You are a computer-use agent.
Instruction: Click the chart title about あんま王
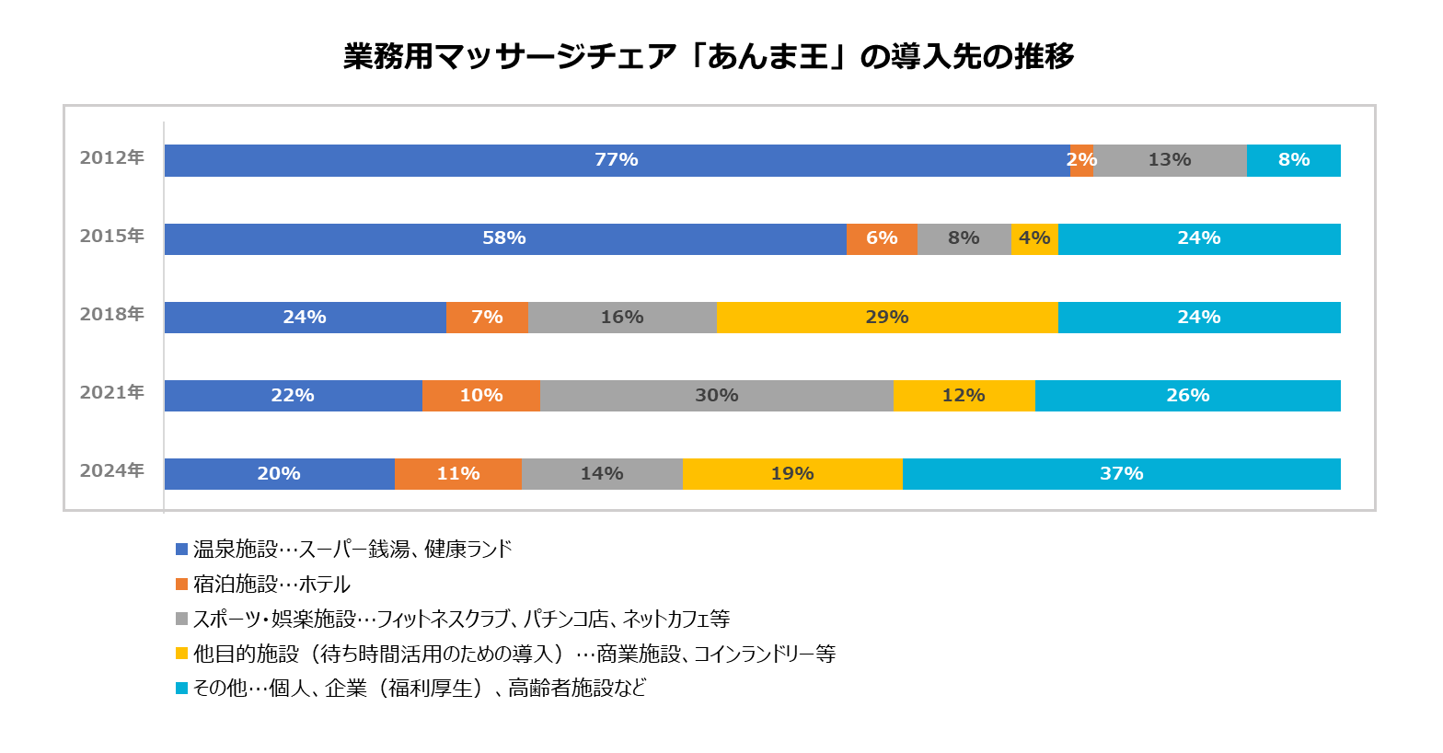(x=709, y=57)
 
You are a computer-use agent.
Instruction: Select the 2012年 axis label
(x=112, y=158)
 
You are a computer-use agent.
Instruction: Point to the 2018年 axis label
(x=112, y=315)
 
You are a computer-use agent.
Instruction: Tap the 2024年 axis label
(x=112, y=471)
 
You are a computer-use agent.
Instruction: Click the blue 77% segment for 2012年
(x=616, y=160)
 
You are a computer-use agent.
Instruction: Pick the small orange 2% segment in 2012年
(x=1081, y=160)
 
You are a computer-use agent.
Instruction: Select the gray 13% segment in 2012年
(x=1169, y=160)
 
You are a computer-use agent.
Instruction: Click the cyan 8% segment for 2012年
(x=1293, y=160)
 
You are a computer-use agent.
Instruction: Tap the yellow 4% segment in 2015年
(x=1034, y=238)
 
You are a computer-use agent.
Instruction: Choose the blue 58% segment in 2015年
(x=504, y=238)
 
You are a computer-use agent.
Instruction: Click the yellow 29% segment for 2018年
(x=886, y=318)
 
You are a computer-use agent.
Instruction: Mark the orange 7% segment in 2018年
(x=487, y=318)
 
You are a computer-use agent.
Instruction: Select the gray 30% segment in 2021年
(x=716, y=396)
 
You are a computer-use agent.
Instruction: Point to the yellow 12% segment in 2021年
(x=964, y=396)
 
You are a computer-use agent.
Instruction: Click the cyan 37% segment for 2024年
(x=1121, y=474)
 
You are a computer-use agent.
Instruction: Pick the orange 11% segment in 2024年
(x=457, y=474)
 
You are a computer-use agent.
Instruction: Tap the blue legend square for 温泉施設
(x=181, y=550)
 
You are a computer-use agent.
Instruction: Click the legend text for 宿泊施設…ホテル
(x=271, y=585)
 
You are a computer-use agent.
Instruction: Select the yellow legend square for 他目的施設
(x=181, y=654)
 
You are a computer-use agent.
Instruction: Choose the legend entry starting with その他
(x=419, y=689)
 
